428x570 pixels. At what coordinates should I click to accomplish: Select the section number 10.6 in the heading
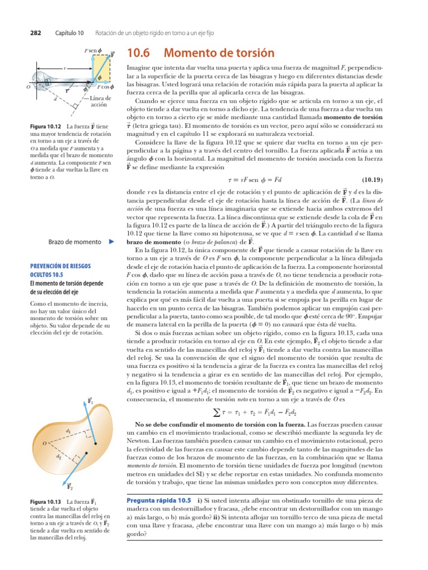coord(140,53)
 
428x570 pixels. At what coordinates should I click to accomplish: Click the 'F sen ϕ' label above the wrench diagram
coord(93,51)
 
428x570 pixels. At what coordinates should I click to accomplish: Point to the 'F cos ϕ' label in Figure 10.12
coord(105,87)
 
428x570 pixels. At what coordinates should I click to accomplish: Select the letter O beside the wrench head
coord(28,87)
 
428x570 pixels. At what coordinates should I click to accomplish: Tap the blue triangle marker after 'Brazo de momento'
coord(111,242)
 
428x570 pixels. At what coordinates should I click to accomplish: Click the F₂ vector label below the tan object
coord(70,487)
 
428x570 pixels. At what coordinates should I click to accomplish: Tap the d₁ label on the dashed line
coord(68,431)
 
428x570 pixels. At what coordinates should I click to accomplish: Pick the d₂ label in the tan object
coord(59,456)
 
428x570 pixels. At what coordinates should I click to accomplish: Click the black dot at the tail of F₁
coord(95,444)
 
